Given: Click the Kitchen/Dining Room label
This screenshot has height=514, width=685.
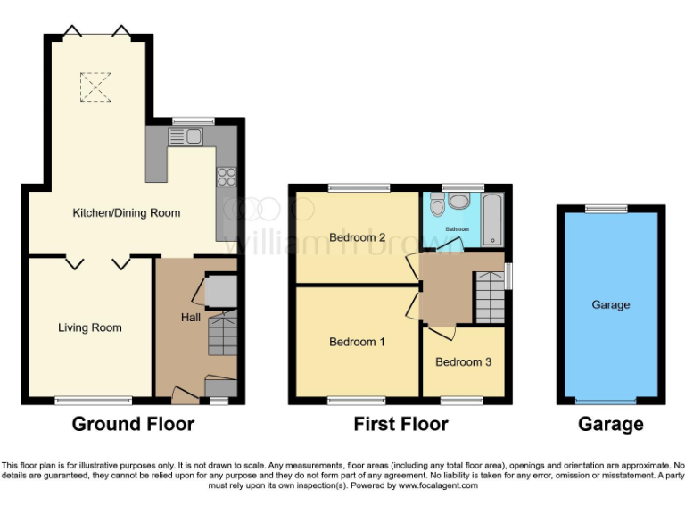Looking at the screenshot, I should [126, 213].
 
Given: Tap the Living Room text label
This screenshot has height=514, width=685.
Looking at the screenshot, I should [90, 327].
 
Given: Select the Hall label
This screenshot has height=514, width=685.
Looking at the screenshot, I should [191, 318].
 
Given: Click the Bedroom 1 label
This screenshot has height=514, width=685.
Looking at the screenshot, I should [357, 342].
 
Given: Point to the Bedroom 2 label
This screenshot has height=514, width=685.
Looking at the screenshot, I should [357, 237].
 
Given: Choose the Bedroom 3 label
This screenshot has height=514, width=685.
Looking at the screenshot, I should [463, 362].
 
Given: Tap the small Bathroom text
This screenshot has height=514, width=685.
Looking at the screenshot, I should [458, 229].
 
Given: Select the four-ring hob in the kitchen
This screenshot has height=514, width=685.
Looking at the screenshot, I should [225, 177].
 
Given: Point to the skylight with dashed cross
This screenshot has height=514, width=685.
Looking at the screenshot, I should [94, 87].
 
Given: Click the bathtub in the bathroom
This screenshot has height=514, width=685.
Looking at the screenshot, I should [493, 220].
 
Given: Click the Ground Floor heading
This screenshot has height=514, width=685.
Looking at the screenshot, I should [132, 424].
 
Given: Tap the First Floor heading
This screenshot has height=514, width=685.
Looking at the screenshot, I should [400, 424].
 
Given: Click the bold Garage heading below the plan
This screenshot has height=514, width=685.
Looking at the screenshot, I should [611, 424].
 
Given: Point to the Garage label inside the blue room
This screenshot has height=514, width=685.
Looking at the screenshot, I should [611, 304].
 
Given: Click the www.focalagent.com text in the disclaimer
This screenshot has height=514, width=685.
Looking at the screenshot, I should [438, 486].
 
